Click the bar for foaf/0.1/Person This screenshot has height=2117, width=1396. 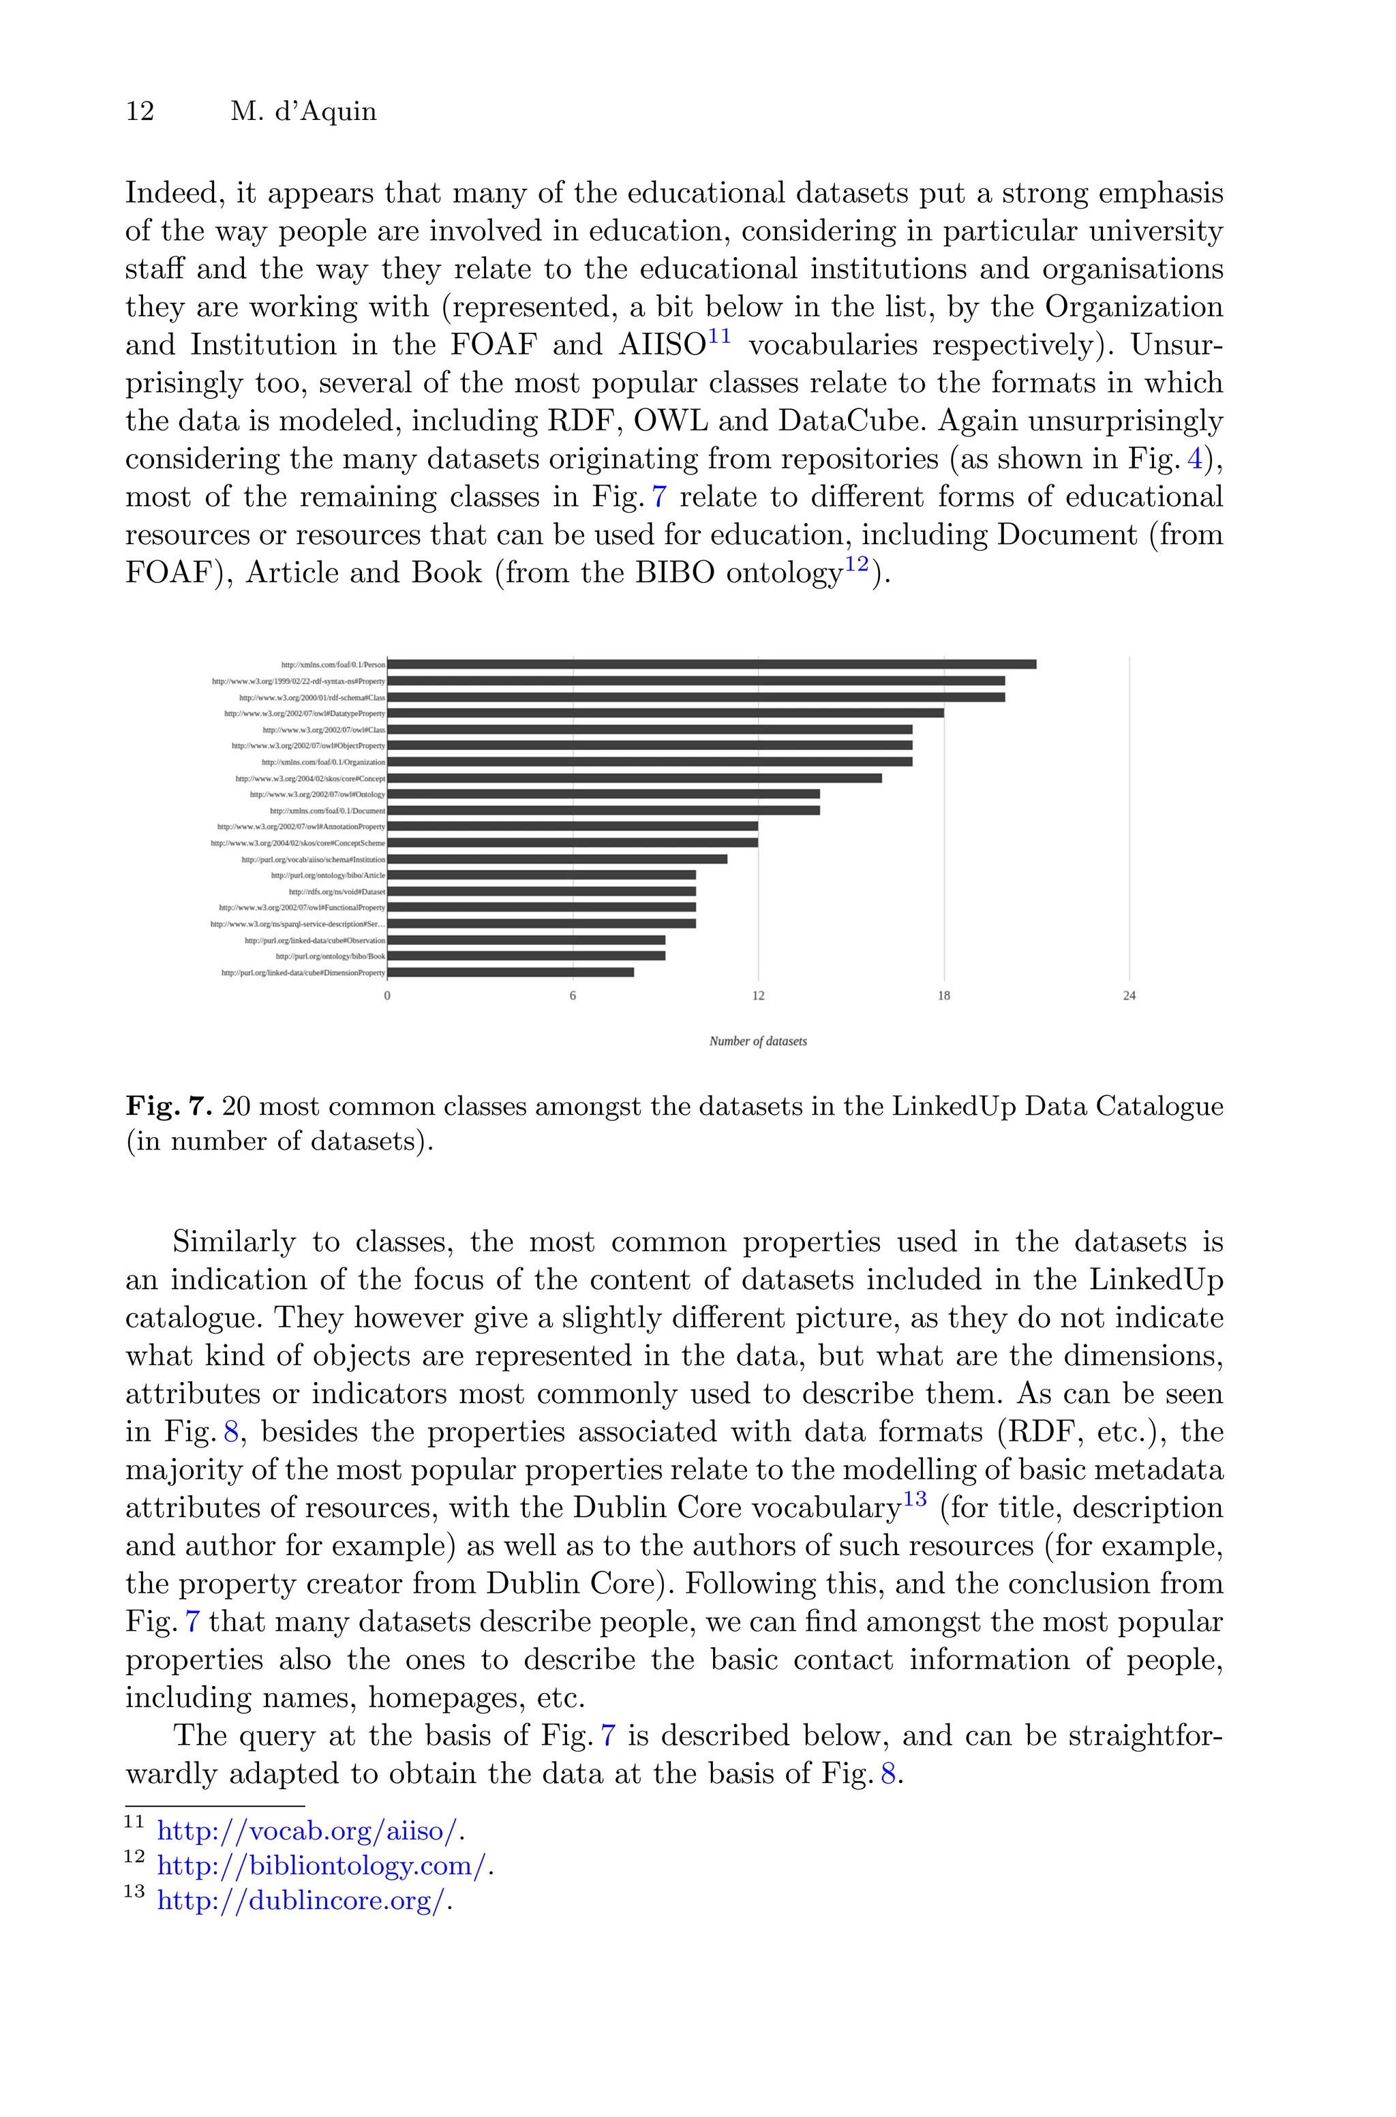click(x=712, y=664)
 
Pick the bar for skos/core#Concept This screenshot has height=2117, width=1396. click(x=634, y=778)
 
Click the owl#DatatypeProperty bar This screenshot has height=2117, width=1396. click(x=665, y=713)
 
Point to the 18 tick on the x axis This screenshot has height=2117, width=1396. click(x=943, y=995)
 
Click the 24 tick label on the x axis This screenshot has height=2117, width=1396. click(x=1129, y=995)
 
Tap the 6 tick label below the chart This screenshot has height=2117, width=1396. click(x=573, y=995)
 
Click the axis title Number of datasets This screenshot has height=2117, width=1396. click(x=758, y=1040)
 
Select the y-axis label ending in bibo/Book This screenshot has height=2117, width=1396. click(x=331, y=956)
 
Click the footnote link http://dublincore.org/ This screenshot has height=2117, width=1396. click(x=301, y=1901)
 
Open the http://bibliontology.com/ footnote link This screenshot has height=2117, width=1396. click(x=322, y=1866)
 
